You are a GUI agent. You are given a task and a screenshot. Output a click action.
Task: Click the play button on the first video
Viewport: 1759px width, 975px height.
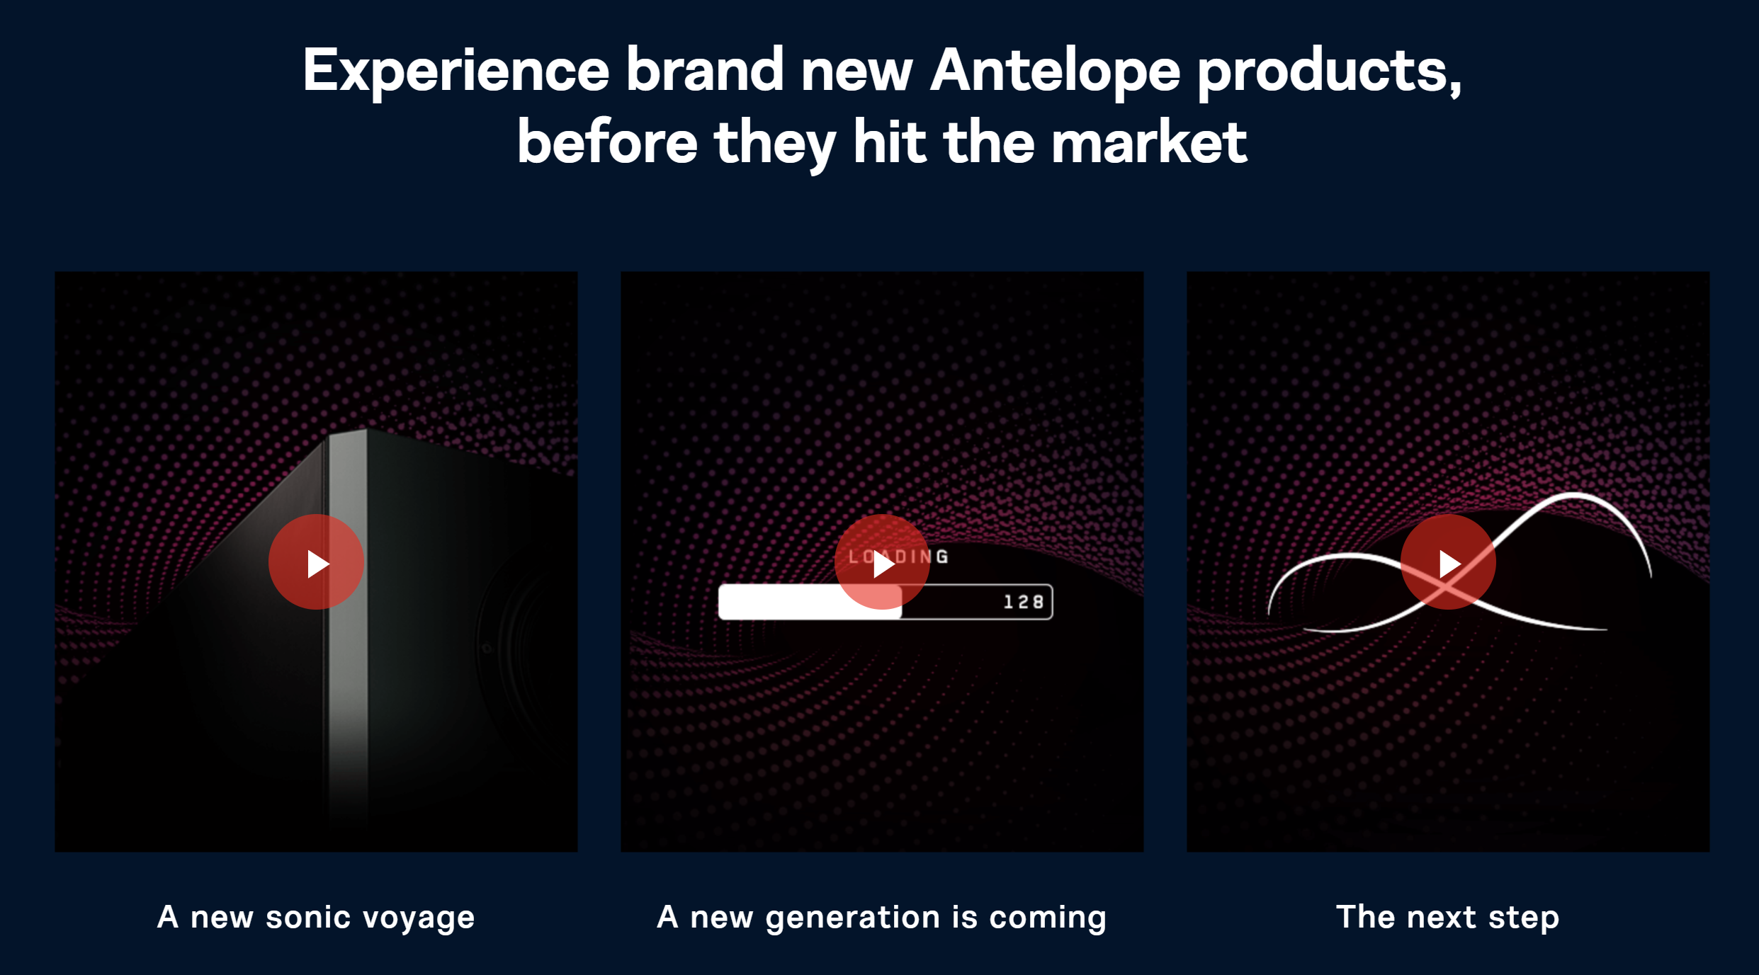(316, 562)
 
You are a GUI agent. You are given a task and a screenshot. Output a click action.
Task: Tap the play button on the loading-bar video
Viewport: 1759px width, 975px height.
(882, 562)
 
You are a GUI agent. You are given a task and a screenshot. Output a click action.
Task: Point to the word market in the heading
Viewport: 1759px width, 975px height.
(1148, 142)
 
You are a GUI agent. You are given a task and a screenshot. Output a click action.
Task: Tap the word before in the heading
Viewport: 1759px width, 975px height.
(607, 142)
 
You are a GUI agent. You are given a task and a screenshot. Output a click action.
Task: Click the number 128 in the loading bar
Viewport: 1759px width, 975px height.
(1024, 602)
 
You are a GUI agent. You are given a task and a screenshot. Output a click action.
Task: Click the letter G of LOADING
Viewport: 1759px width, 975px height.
(942, 557)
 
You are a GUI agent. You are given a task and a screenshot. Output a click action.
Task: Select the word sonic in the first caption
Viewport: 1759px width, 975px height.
(308, 918)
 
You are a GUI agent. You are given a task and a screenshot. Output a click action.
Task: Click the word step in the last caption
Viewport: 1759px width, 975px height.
(1523, 918)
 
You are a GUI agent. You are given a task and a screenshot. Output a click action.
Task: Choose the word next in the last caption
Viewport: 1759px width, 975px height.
(1442, 918)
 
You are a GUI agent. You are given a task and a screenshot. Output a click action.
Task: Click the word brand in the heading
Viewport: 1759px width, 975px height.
(705, 71)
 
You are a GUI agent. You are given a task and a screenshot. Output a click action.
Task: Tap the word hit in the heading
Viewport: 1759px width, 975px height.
(890, 142)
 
